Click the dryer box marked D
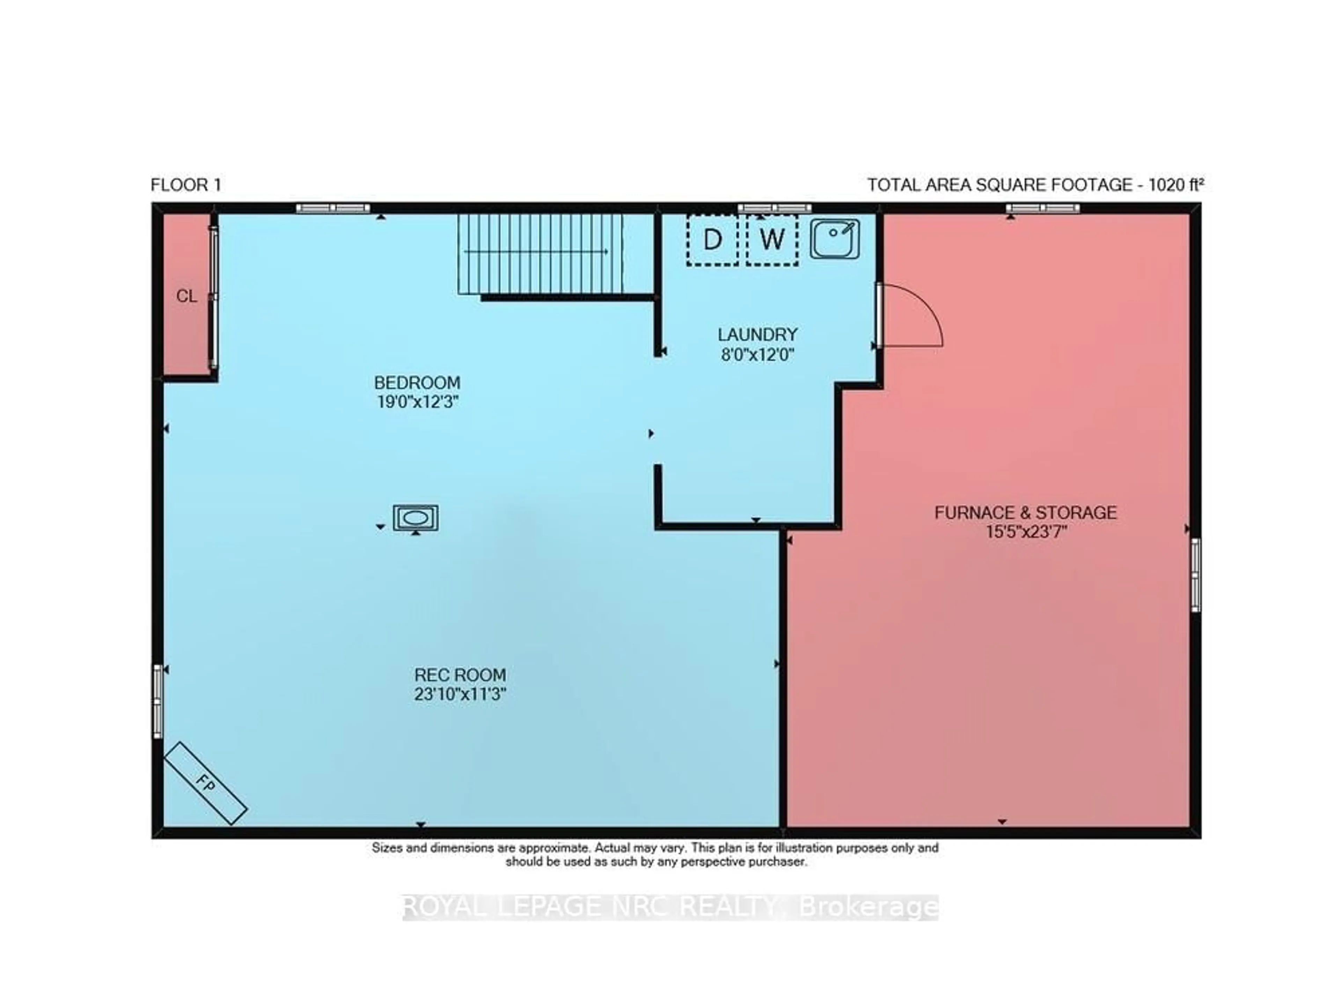click(712, 240)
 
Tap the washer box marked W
click(771, 240)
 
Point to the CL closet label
click(186, 296)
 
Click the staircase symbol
click(541, 253)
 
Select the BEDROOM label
click(417, 382)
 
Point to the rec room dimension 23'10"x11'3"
click(460, 694)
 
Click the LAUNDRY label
click(757, 334)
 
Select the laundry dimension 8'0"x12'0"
click(757, 355)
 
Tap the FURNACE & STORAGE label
click(1025, 513)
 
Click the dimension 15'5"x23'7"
click(1026, 532)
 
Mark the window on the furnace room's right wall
click(1194, 575)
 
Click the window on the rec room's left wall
click(158, 701)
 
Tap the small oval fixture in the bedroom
click(415, 518)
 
